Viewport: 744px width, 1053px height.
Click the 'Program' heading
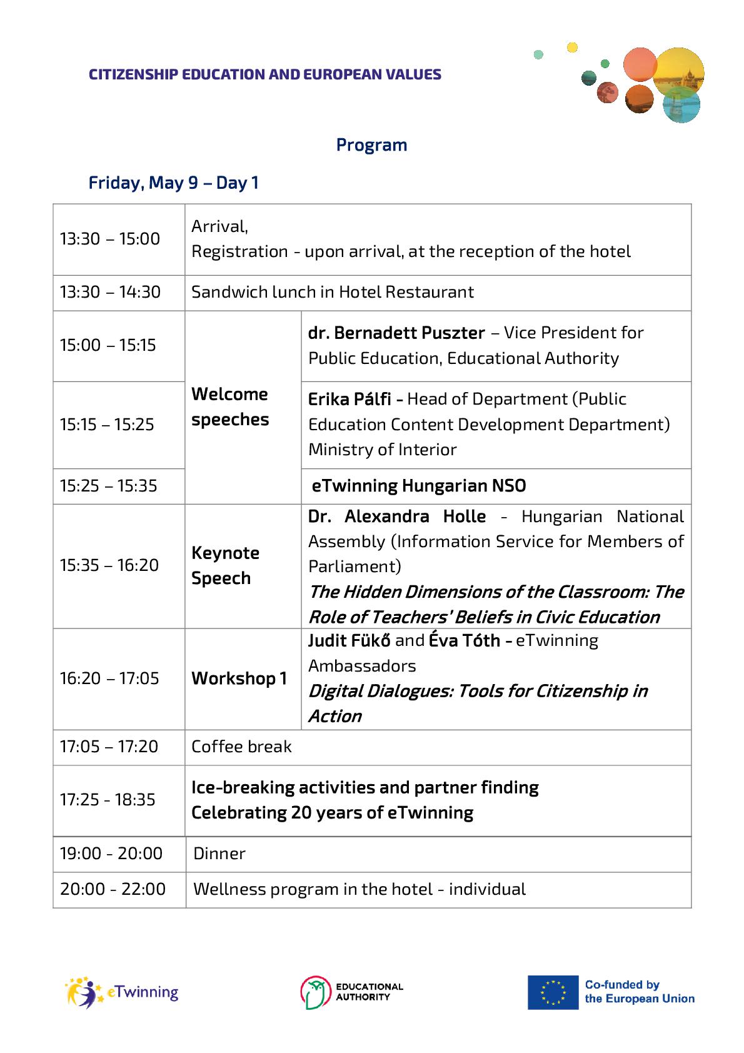coord(371,145)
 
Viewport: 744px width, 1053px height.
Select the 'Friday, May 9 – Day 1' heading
coord(173,183)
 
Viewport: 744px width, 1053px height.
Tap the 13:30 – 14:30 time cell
coord(110,292)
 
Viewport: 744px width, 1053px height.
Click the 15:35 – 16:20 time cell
coord(109,565)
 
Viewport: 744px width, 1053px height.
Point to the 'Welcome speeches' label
coord(230,406)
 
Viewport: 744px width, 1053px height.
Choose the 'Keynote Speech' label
coord(225,565)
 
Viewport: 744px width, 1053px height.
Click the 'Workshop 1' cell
coord(239,678)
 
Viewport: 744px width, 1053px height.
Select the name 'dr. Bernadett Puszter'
coord(396,333)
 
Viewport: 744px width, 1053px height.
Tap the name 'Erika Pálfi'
coord(349,399)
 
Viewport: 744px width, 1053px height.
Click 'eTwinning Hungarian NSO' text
coord(419,486)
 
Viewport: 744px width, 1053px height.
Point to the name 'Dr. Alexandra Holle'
coord(397,516)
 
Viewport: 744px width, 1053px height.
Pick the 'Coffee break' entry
coord(241,747)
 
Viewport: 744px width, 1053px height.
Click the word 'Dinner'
coord(219,854)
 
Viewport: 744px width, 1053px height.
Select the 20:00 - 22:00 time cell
coord(113,889)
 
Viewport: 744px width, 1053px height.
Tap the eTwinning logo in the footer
coord(122,992)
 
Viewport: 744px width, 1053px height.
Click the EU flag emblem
coord(553,992)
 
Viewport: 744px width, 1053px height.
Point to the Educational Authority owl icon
coord(315,992)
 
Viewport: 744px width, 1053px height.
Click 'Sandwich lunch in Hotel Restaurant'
coord(333,292)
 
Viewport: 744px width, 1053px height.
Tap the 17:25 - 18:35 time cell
coord(108,800)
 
